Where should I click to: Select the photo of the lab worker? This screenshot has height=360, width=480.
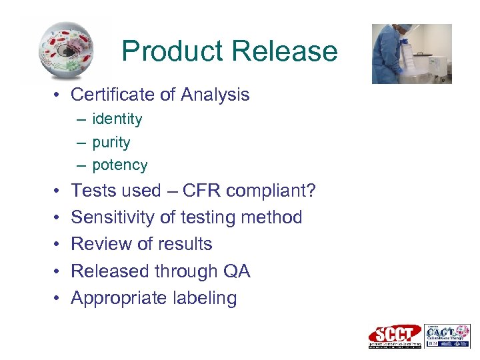(x=411, y=53)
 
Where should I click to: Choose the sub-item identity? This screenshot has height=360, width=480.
(x=117, y=119)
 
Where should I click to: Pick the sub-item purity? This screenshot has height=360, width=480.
(x=111, y=143)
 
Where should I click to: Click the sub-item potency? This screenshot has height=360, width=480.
(x=120, y=165)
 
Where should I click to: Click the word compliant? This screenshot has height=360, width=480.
(x=271, y=191)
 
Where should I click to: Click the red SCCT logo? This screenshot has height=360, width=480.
(x=395, y=336)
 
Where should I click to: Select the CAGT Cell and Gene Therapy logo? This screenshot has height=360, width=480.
(x=447, y=336)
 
